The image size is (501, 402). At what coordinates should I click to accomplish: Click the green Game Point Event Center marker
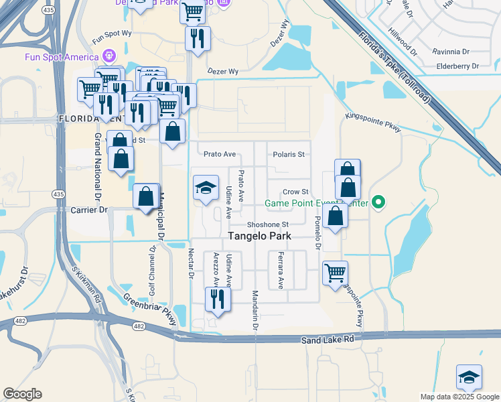click(x=378, y=202)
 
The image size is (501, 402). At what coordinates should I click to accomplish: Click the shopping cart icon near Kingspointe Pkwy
click(x=335, y=273)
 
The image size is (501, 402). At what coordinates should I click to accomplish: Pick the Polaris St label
click(x=289, y=154)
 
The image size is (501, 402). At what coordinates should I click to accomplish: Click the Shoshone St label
click(x=267, y=224)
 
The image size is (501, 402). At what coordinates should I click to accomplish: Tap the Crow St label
click(x=294, y=192)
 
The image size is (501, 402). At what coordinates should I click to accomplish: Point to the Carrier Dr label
click(x=88, y=210)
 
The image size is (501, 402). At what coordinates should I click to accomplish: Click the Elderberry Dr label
click(x=457, y=66)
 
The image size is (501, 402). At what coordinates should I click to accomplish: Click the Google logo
click(x=22, y=394)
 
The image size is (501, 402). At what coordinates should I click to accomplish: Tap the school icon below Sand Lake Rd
click(x=469, y=377)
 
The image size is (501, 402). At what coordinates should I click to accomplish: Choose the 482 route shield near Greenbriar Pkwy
click(x=139, y=326)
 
